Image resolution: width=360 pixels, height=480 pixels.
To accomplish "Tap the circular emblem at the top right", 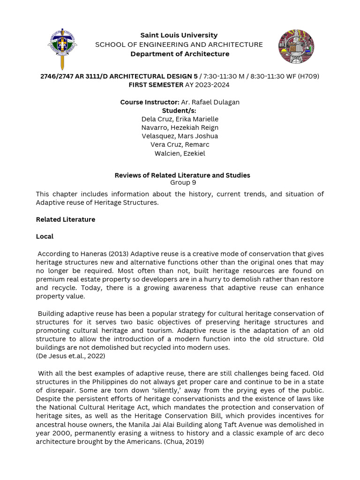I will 296,46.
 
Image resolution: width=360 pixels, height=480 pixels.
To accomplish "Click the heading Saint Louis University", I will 179,35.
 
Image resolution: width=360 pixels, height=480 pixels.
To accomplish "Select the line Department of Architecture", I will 180,54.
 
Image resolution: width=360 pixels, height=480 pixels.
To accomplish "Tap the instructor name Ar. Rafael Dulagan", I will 210,102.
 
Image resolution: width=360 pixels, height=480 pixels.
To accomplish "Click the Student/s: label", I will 179,111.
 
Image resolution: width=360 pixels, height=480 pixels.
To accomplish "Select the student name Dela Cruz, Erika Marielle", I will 180,119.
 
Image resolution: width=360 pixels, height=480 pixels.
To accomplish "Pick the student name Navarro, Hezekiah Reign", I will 180,127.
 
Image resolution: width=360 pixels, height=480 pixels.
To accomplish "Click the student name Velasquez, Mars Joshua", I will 180,136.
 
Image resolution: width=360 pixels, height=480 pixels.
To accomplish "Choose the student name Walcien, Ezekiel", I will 180,153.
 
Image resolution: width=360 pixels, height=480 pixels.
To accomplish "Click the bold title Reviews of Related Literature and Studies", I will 182,175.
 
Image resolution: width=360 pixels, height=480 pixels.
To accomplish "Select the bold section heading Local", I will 45,236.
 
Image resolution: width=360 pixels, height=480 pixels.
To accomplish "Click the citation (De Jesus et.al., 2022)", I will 70,356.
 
